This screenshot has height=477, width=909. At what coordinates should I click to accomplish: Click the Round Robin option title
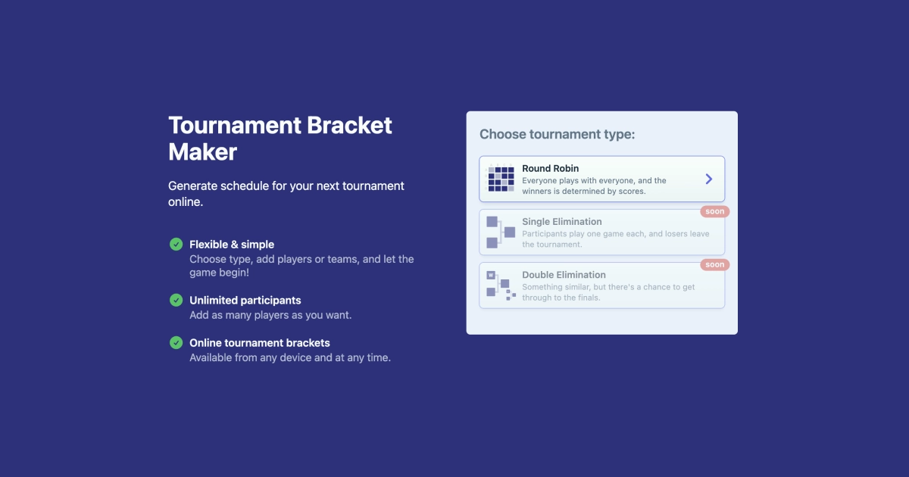[x=550, y=168]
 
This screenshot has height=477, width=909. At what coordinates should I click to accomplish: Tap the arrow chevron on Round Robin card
[x=709, y=179]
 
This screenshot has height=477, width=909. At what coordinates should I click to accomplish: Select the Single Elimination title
[x=561, y=222]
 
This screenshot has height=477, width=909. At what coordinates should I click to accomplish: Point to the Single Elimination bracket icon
[x=500, y=232]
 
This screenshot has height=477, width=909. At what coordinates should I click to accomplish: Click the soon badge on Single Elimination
[x=714, y=212]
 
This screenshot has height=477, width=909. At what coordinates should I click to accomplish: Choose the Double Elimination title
[x=564, y=275]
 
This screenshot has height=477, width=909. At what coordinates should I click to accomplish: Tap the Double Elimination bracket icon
[x=500, y=285]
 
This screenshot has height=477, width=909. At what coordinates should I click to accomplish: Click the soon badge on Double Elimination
[x=714, y=265]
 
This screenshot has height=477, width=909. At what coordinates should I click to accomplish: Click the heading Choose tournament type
[x=557, y=134]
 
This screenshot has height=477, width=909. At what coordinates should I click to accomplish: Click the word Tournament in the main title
[x=233, y=125]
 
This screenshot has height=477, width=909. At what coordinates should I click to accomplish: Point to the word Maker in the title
[x=202, y=151]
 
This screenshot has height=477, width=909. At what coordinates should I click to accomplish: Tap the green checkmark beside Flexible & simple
[x=176, y=244]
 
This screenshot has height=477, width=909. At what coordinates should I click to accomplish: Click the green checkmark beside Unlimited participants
[x=176, y=300]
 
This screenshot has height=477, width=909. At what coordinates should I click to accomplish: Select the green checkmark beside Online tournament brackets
[x=176, y=342]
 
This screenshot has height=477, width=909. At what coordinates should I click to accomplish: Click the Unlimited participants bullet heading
[x=245, y=300]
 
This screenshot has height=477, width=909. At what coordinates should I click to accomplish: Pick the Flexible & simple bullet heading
[x=231, y=245]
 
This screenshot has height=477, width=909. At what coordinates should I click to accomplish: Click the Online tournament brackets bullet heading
[x=259, y=342]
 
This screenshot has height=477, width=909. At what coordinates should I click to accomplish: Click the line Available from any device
[x=289, y=357]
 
